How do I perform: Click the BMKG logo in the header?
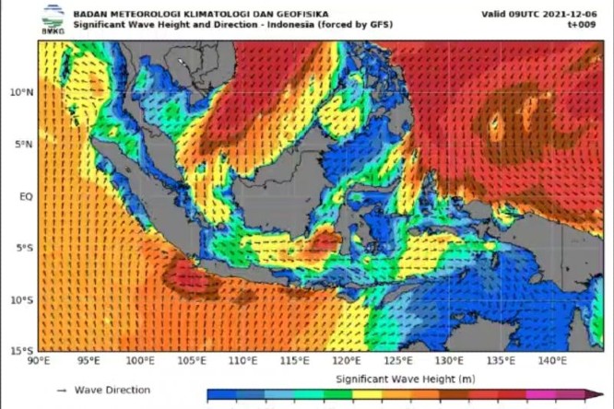pyautogui.click(x=53, y=19)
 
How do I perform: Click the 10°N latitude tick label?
pyautogui.click(x=22, y=92)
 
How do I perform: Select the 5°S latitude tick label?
pyautogui.click(x=25, y=248)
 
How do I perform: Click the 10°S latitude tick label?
pyautogui.click(x=22, y=299)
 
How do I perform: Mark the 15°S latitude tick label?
pyautogui.click(x=22, y=351)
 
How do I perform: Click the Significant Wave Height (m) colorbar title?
pyautogui.click(x=394, y=378)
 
